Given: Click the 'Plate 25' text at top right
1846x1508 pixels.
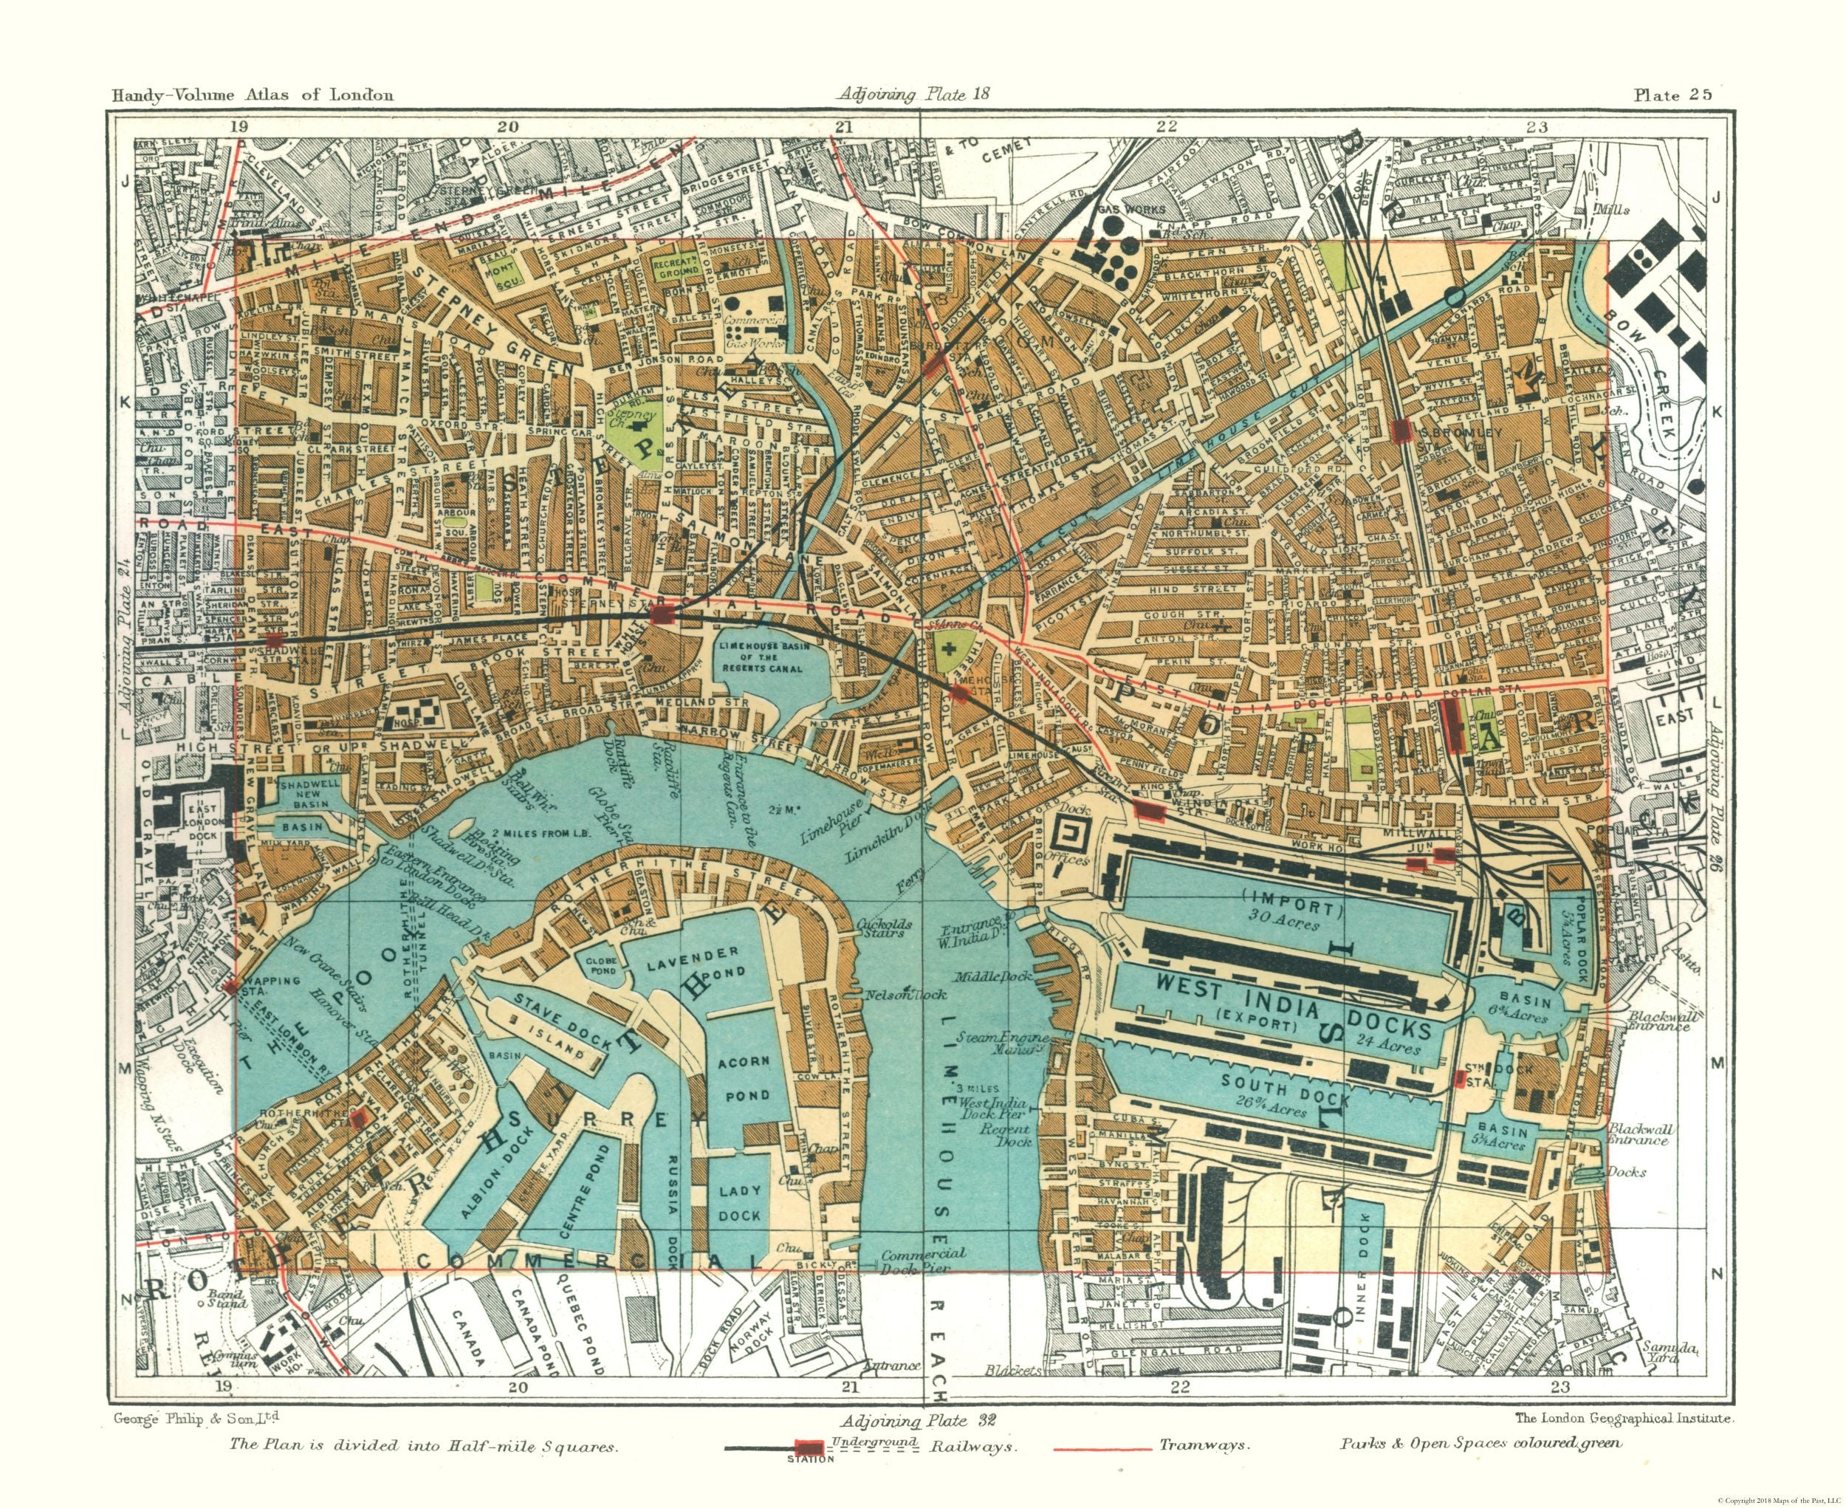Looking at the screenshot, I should tap(1672, 95).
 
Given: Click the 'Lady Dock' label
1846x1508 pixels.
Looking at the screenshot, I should tap(740, 1202).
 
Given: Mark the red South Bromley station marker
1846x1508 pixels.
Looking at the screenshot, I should tap(1399, 430).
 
